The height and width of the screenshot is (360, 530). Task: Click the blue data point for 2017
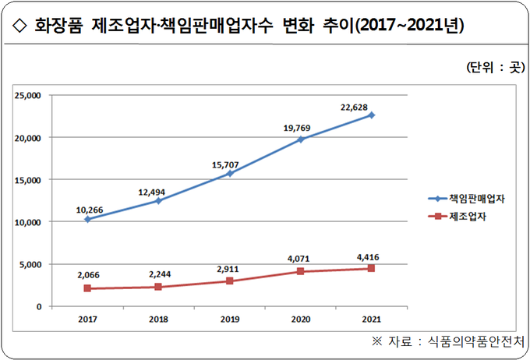tap(87, 219)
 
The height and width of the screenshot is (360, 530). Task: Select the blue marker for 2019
tap(229, 173)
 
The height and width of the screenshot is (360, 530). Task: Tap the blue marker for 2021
tap(371, 115)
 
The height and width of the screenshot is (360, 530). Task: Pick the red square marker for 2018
tap(158, 287)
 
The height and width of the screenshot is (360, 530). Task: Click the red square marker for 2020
tap(300, 271)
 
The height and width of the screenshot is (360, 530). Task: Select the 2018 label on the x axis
tap(158, 318)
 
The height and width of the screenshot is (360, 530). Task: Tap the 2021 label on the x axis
tap(371, 318)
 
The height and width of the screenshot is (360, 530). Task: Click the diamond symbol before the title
tap(19, 26)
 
